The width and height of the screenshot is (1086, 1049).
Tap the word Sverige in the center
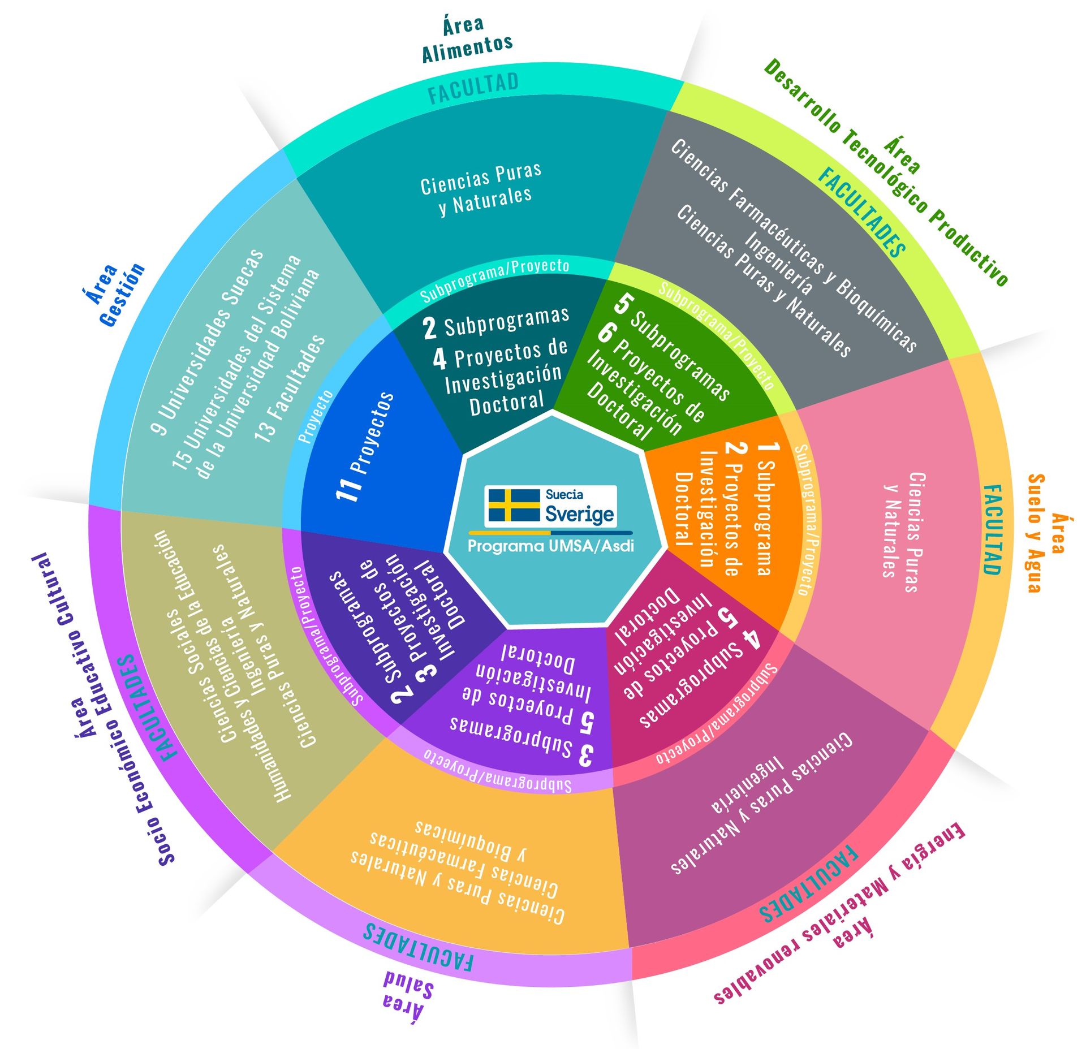579,513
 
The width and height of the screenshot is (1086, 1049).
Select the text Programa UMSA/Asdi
550,546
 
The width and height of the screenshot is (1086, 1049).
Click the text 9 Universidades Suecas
209,342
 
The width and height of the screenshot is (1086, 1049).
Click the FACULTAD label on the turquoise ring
473,88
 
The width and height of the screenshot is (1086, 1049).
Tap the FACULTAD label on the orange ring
993,529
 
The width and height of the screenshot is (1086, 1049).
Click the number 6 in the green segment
605,333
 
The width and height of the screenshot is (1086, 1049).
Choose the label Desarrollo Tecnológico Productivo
886,172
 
